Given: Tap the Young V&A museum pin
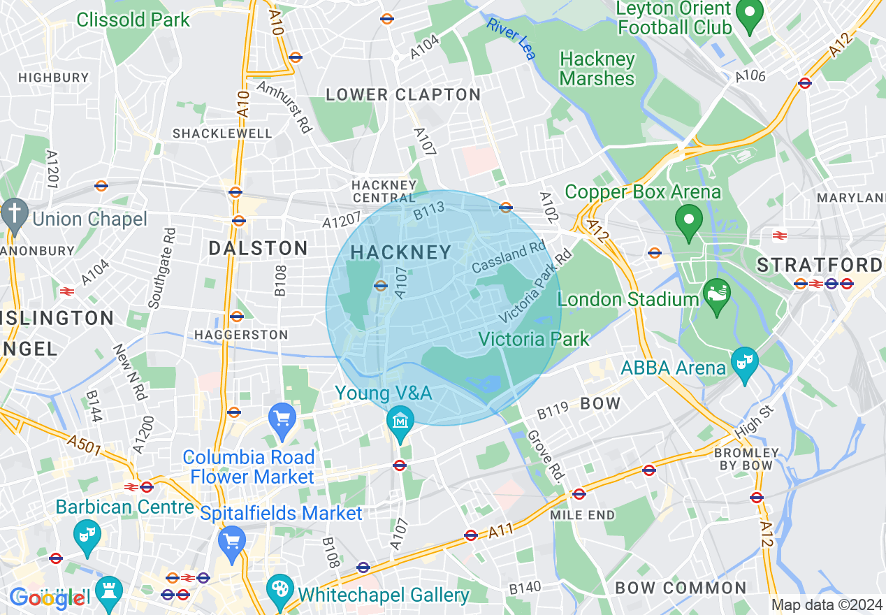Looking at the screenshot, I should [x=401, y=421].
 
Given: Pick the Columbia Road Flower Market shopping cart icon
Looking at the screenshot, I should [x=282, y=419].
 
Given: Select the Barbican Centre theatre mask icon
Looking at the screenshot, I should [x=87, y=536].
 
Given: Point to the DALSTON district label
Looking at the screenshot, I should [x=259, y=248].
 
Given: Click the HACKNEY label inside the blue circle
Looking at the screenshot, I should [x=401, y=253].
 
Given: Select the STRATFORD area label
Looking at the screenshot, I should [x=819, y=265].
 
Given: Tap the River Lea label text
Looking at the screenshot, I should [x=511, y=38].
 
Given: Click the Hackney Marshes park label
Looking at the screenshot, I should [x=597, y=68].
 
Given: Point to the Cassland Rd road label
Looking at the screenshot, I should [x=508, y=257].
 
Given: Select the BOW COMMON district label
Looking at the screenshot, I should [x=681, y=588].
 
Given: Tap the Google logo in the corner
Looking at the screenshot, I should [x=48, y=598].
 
